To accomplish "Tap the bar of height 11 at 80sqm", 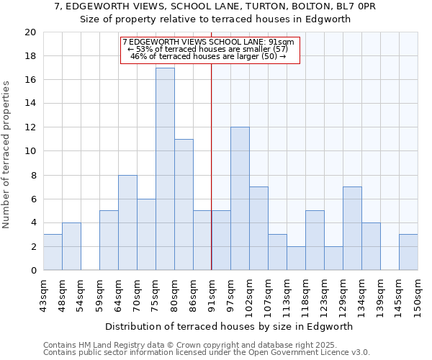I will (184, 204).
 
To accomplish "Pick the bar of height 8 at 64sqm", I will (127, 222).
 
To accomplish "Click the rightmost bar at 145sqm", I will (408, 252).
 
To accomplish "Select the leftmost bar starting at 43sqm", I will (53, 252).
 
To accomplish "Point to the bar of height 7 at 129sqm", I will (352, 228).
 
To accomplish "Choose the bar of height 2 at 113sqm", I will (296, 258).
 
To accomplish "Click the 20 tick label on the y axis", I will (30, 32).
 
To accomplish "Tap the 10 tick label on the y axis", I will (30, 151).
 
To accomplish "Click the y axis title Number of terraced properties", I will (7, 154).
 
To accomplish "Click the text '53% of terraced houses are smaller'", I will (209, 49).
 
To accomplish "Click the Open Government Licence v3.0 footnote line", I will (207, 353).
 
